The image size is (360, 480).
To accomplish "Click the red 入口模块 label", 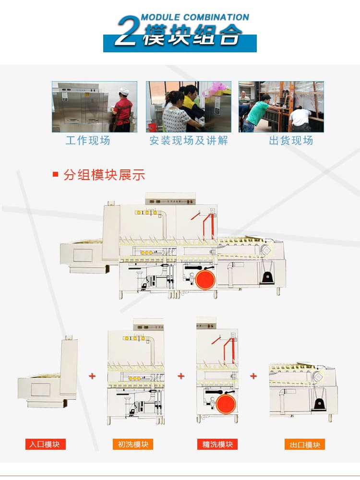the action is coord(45,444).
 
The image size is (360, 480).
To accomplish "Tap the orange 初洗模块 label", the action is coord(133,444).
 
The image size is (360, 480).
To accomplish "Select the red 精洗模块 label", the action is coord(217,444).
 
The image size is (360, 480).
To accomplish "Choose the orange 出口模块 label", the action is coord(305,444).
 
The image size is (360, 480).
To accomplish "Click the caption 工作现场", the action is coord(88,141).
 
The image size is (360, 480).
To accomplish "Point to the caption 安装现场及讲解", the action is coord(189,141).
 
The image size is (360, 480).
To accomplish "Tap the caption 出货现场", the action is coord(291,141).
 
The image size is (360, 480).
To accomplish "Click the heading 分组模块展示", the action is coord(104,175).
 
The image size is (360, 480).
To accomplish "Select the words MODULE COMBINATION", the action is coord(195,17).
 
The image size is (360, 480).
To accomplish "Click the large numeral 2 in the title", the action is coord(126,31).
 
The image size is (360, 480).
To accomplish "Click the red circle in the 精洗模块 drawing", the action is coord(226,403).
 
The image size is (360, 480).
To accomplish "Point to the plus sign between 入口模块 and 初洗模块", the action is coord(92,376).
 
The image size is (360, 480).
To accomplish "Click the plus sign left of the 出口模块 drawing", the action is coord(253,376).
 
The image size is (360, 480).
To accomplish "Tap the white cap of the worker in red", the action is coord(124,91).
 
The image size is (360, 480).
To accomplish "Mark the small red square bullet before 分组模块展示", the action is coord(55,175).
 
